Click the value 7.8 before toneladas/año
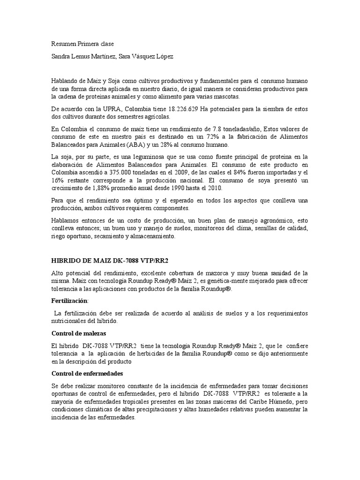[x=216, y=129]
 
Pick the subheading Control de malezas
[x=78, y=333]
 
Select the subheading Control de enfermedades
[x=87, y=374]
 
